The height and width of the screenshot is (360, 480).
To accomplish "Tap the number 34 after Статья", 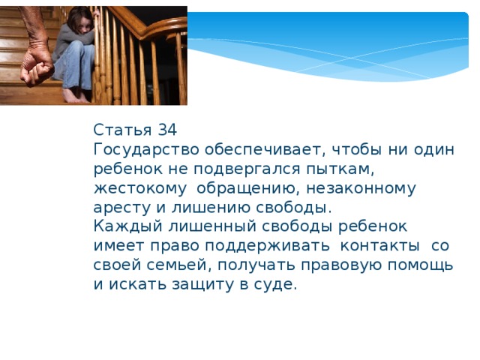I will (167, 129).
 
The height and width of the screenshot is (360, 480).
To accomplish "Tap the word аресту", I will (121, 208).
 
